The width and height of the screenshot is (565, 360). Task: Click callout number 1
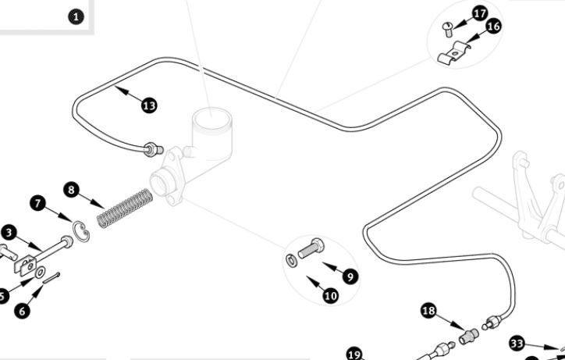[x=75, y=16]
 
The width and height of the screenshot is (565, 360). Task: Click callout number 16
[x=493, y=27]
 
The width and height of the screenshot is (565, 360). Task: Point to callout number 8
[x=72, y=190]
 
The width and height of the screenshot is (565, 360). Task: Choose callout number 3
[x=9, y=232]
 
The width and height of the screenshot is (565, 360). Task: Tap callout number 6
[x=22, y=310]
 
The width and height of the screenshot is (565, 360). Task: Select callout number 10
[x=330, y=296]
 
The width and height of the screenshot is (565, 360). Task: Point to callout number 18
[x=428, y=311]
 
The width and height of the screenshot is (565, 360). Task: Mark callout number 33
[x=517, y=343]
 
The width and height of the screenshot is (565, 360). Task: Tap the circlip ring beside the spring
[x=80, y=231]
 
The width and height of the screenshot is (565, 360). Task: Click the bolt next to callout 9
[x=311, y=251]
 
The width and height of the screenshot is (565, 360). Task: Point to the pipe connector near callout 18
[x=468, y=336]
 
